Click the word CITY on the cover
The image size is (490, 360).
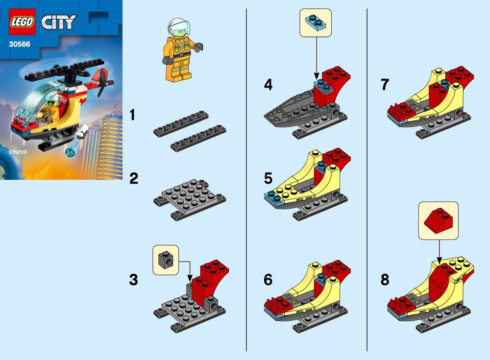(x=59, y=22)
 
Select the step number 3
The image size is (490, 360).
(x=133, y=280)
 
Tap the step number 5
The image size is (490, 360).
(x=268, y=178)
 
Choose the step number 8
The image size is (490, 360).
(x=385, y=280)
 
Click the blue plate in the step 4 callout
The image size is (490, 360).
(x=316, y=21)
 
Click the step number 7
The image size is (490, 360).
(x=385, y=84)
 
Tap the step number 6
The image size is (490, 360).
(x=268, y=280)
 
